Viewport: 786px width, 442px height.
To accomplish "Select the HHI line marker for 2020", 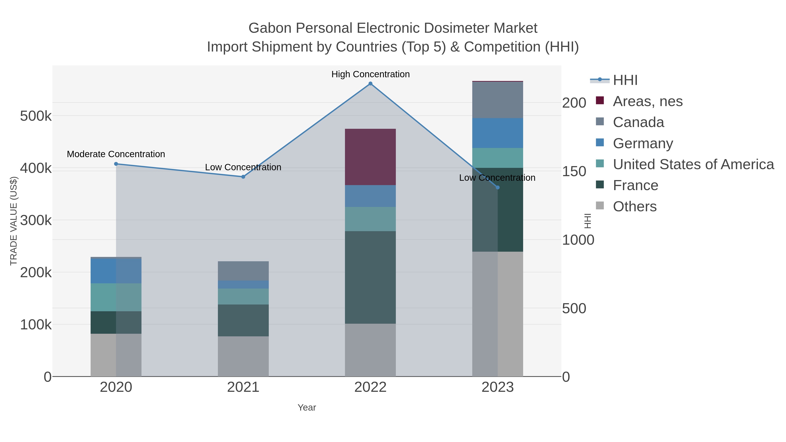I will tap(116, 164).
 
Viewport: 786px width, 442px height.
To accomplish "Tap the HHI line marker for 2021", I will tap(243, 177).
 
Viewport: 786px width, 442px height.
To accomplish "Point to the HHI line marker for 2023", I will tap(498, 187).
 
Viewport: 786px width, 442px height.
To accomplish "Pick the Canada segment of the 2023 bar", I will tap(498, 100).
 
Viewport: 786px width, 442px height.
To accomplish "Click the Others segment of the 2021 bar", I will tap(243, 356).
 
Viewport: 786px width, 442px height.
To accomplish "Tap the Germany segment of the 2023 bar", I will tap(498, 133).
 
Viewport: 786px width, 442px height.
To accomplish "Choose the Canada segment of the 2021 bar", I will tap(243, 271).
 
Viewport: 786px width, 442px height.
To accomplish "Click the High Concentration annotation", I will tap(371, 74).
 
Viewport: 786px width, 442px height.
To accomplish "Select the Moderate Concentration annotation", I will tap(116, 154).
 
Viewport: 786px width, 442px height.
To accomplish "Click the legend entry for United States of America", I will tap(693, 164).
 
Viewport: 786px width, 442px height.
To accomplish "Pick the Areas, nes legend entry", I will tap(648, 101).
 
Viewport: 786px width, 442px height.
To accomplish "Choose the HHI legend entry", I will tap(625, 80).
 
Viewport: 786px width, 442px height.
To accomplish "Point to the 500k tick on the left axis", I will tap(35, 116).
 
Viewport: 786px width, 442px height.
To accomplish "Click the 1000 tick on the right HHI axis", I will tap(578, 240).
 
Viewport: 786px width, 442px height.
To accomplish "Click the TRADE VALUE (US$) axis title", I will tap(14, 221).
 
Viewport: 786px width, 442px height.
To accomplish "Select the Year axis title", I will tap(307, 408).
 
